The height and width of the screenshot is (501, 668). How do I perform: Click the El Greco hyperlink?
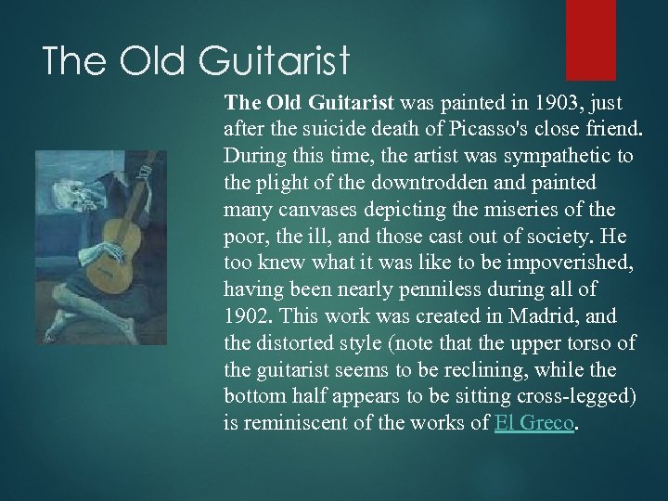pyautogui.click(x=535, y=423)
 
